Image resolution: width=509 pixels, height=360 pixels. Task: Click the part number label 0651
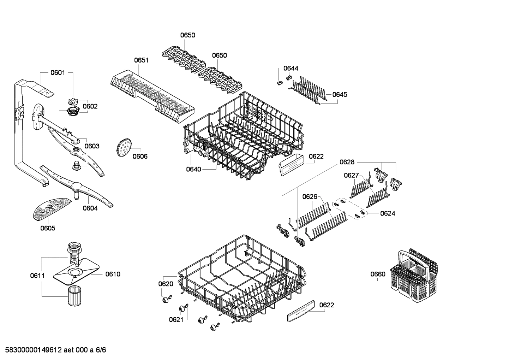[141, 60]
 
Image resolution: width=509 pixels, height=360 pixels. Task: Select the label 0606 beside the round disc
[140, 156]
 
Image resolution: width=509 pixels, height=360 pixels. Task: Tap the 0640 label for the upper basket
[193, 169]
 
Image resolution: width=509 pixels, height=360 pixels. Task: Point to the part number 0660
[378, 274]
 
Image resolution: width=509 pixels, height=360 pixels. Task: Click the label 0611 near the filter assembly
[37, 276]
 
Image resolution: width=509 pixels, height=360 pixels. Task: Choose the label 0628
[347, 162]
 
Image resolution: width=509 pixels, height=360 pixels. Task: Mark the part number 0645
[340, 95]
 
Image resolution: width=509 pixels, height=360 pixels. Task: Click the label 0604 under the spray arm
[90, 208]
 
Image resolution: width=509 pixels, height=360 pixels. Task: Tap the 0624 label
[388, 213]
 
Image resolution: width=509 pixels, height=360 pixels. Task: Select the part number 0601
[58, 73]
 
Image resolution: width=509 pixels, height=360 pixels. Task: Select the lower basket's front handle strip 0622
[301, 311]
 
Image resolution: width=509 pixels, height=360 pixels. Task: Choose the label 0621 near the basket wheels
[176, 319]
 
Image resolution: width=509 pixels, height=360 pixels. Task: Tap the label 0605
[48, 228]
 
